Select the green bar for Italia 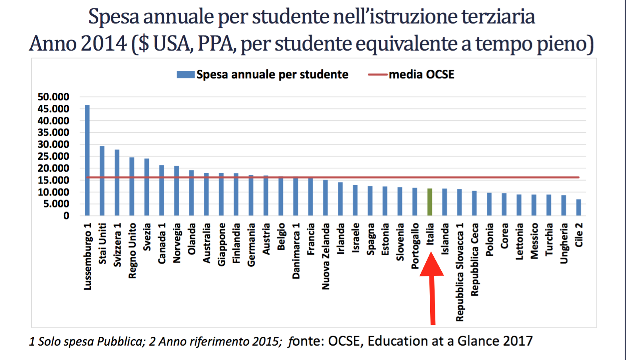pos(430,202)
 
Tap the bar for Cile pos(579,207)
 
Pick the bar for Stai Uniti pos(102,181)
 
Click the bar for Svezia pos(147,187)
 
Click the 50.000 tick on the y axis pos(53,97)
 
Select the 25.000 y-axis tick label pos(53,156)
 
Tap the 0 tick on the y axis pos(66,216)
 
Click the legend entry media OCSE pos(421,74)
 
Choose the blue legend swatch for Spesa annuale pos(185,74)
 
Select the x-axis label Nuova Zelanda pos(326,256)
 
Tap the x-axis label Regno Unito pos(132,251)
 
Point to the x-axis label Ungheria pos(564,243)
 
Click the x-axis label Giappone pos(221,245)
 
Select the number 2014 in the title pos(103,43)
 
